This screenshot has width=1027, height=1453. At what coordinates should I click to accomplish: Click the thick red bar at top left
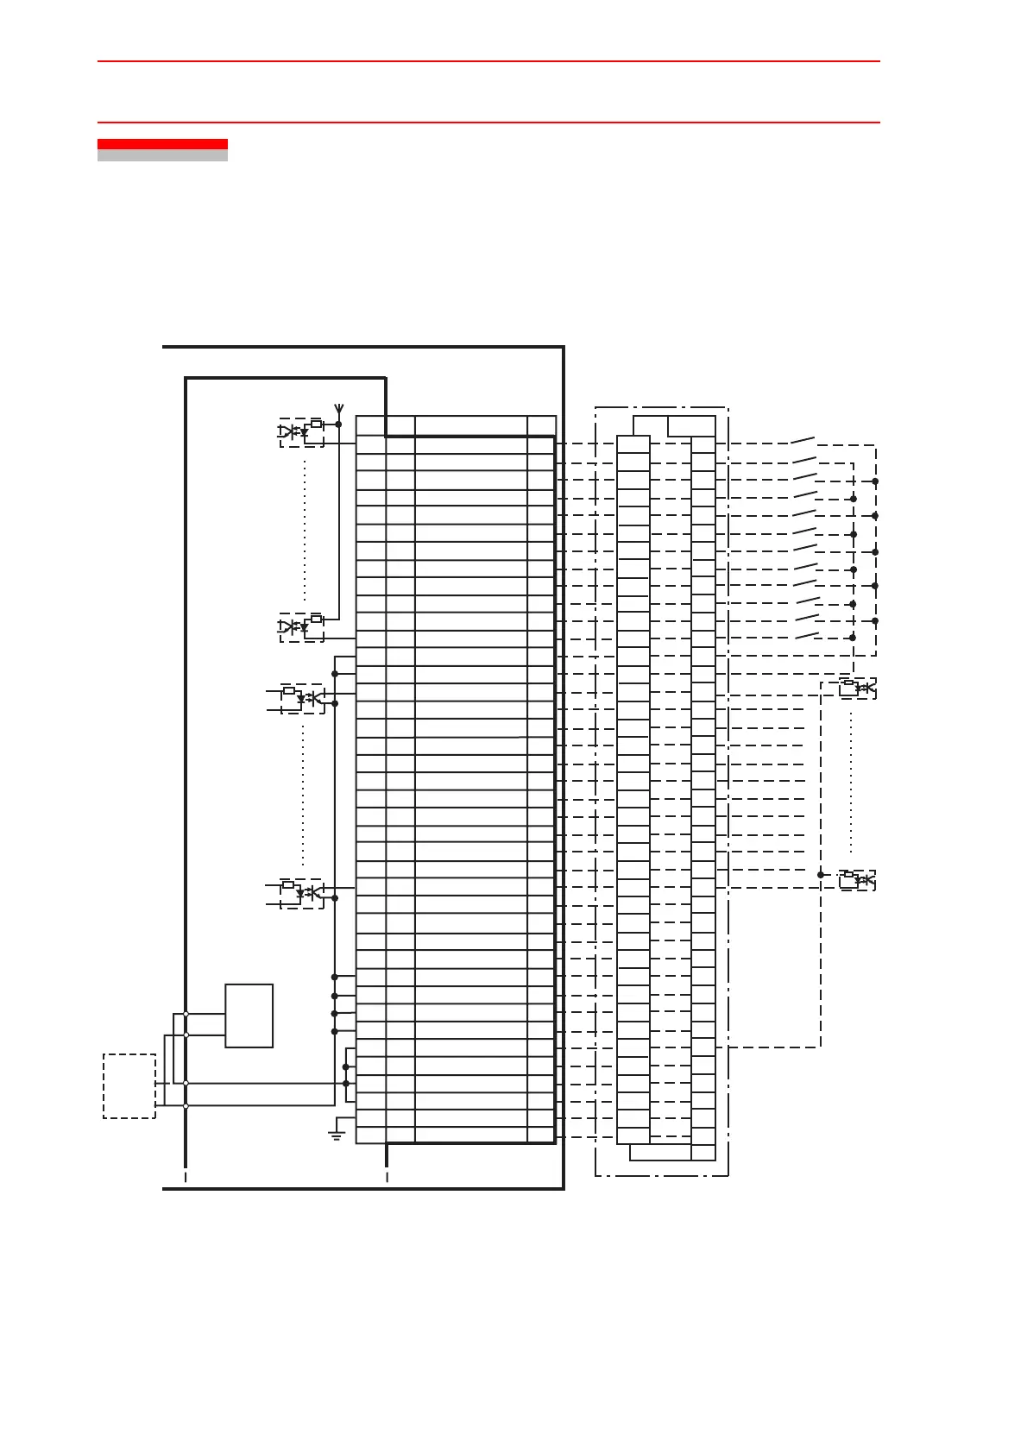[162, 144]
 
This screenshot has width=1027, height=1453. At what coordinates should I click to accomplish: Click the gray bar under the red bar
[162, 156]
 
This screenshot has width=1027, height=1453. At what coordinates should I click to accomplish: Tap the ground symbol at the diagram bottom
[337, 1134]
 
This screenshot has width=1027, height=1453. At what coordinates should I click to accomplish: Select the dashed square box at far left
[129, 1085]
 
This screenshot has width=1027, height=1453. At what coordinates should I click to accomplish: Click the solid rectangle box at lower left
[249, 1016]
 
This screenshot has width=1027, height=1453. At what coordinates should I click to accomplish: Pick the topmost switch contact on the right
[803, 440]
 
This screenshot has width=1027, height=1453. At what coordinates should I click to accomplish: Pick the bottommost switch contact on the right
[805, 636]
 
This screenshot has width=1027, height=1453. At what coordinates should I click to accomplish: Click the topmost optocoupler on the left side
[301, 431]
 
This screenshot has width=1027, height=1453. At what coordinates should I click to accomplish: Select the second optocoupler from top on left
[301, 626]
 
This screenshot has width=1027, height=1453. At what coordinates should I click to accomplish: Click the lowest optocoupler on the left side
[302, 891]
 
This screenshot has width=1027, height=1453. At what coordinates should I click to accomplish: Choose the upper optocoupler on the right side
[858, 688]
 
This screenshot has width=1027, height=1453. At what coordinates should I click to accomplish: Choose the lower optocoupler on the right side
[858, 879]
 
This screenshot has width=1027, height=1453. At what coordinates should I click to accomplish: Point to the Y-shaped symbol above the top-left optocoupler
[338, 408]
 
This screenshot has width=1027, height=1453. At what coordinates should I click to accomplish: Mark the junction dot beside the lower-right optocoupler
[821, 875]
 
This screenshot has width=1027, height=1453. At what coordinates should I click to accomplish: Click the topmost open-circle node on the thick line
[186, 1015]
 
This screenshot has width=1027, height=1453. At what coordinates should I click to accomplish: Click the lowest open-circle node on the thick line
[186, 1105]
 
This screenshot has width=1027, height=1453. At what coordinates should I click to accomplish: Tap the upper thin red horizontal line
[488, 61]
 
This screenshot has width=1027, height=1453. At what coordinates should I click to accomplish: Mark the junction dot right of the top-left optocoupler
[338, 425]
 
